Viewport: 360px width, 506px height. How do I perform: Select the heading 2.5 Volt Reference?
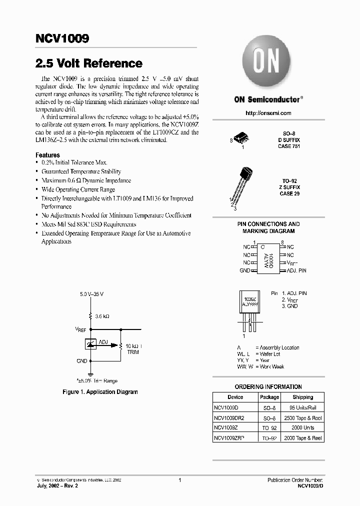[88, 63]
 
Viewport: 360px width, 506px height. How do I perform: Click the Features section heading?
[47, 155]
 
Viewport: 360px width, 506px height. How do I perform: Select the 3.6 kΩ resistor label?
[102, 316]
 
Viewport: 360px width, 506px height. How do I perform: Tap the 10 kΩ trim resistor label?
[133, 346]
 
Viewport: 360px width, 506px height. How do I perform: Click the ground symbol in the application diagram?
[91, 373]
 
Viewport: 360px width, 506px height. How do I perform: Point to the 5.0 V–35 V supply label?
[91, 294]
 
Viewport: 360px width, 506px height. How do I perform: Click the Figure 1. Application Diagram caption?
[100, 392]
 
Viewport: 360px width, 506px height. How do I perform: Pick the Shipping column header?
[302, 397]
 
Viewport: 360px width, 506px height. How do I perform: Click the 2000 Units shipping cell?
[302, 427]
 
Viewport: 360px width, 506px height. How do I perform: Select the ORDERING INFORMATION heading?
[268, 386]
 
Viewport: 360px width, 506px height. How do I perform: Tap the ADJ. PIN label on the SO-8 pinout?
[296, 270]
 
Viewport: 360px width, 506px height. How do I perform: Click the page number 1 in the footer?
[179, 479]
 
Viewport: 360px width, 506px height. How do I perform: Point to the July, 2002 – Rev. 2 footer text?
[57, 485]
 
